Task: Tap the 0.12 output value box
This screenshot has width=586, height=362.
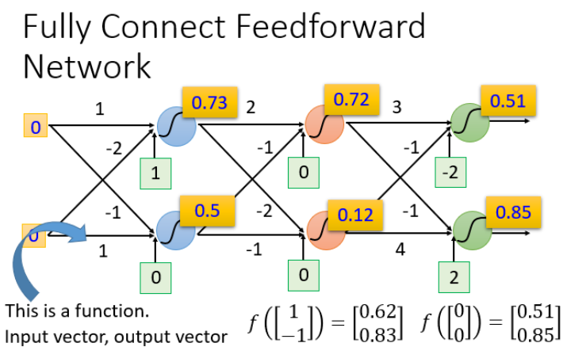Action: pos(355,215)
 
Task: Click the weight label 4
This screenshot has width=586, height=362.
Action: pos(400,250)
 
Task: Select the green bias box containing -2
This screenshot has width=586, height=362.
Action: pos(450,171)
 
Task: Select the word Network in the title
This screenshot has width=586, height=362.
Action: pos(86,67)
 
